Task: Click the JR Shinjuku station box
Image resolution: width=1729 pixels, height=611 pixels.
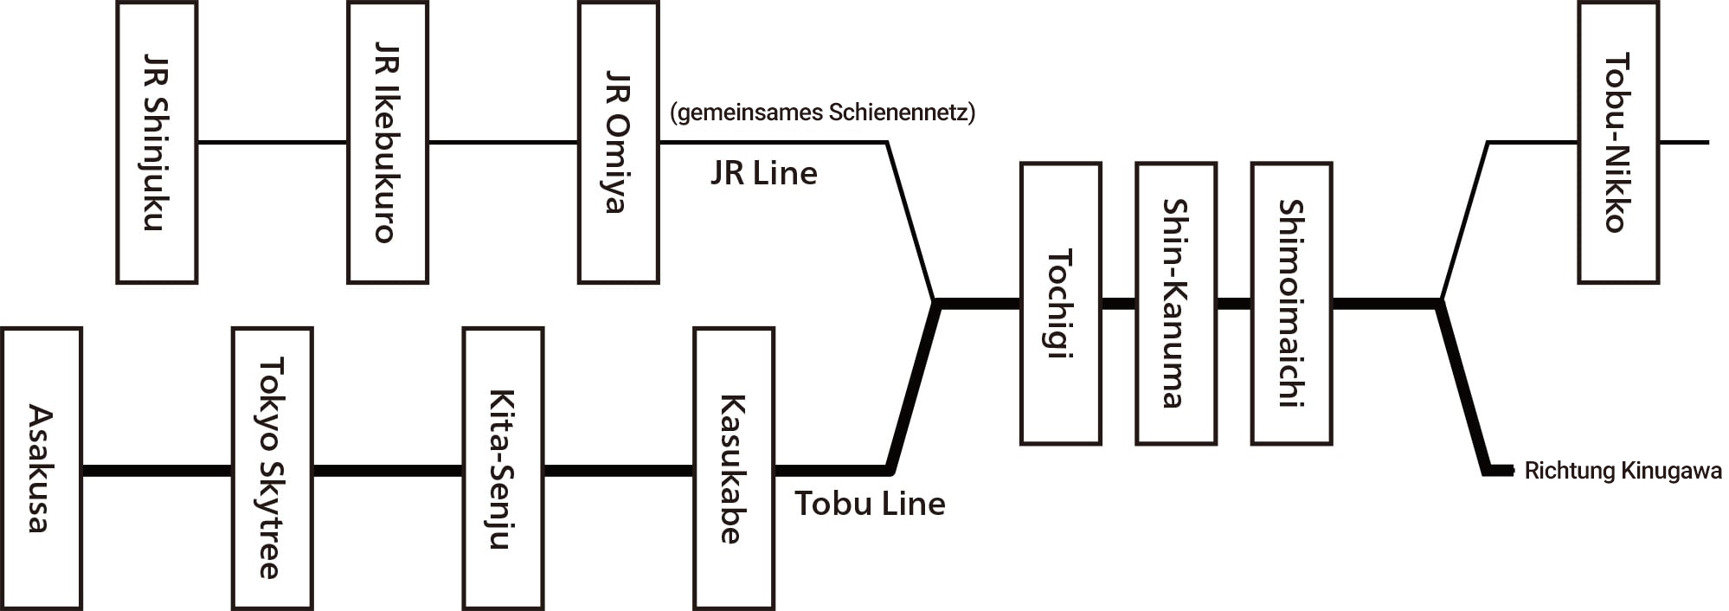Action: click(x=157, y=143)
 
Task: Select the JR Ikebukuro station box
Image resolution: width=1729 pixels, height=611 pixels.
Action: click(x=388, y=143)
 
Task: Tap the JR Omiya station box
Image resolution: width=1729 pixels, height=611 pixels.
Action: click(x=619, y=143)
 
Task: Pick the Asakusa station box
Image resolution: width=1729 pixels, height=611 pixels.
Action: click(x=42, y=468)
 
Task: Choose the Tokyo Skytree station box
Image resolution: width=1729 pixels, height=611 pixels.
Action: click(x=273, y=468)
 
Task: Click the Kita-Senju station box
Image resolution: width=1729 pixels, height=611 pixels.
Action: click(x=504, y=468)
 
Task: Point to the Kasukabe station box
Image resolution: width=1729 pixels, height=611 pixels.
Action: click(x=734, y=468)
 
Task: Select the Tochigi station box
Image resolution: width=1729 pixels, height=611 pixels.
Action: click(x=1061, y=304)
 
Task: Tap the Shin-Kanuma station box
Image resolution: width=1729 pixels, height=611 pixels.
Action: click(x=1176, y=304)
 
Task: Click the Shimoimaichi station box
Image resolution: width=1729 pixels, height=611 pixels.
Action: click(x=1292, y=304)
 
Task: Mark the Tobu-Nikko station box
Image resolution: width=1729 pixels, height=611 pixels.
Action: click(x=1618, y=143)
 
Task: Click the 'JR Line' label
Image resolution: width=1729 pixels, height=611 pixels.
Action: click(x=764, y=174)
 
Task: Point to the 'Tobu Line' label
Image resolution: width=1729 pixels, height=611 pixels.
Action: click(x=870, y=504)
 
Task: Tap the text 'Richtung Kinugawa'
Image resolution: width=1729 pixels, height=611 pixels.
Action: click(x=1623, y=472)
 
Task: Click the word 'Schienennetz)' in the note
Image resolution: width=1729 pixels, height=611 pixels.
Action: click(x=903, y=113)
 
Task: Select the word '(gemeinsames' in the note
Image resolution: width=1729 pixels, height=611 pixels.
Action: click(x=747, y=113)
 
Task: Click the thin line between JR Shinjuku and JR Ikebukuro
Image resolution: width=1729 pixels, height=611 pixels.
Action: click(x=273, y=142)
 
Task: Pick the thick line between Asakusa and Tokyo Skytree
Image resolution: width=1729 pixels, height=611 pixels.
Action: click(x=157, y=472)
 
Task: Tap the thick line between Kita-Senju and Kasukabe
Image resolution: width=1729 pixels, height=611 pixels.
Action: click(x=619, y=472)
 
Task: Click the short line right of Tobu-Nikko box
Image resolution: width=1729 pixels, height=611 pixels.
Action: click(x=1685, y=142)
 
